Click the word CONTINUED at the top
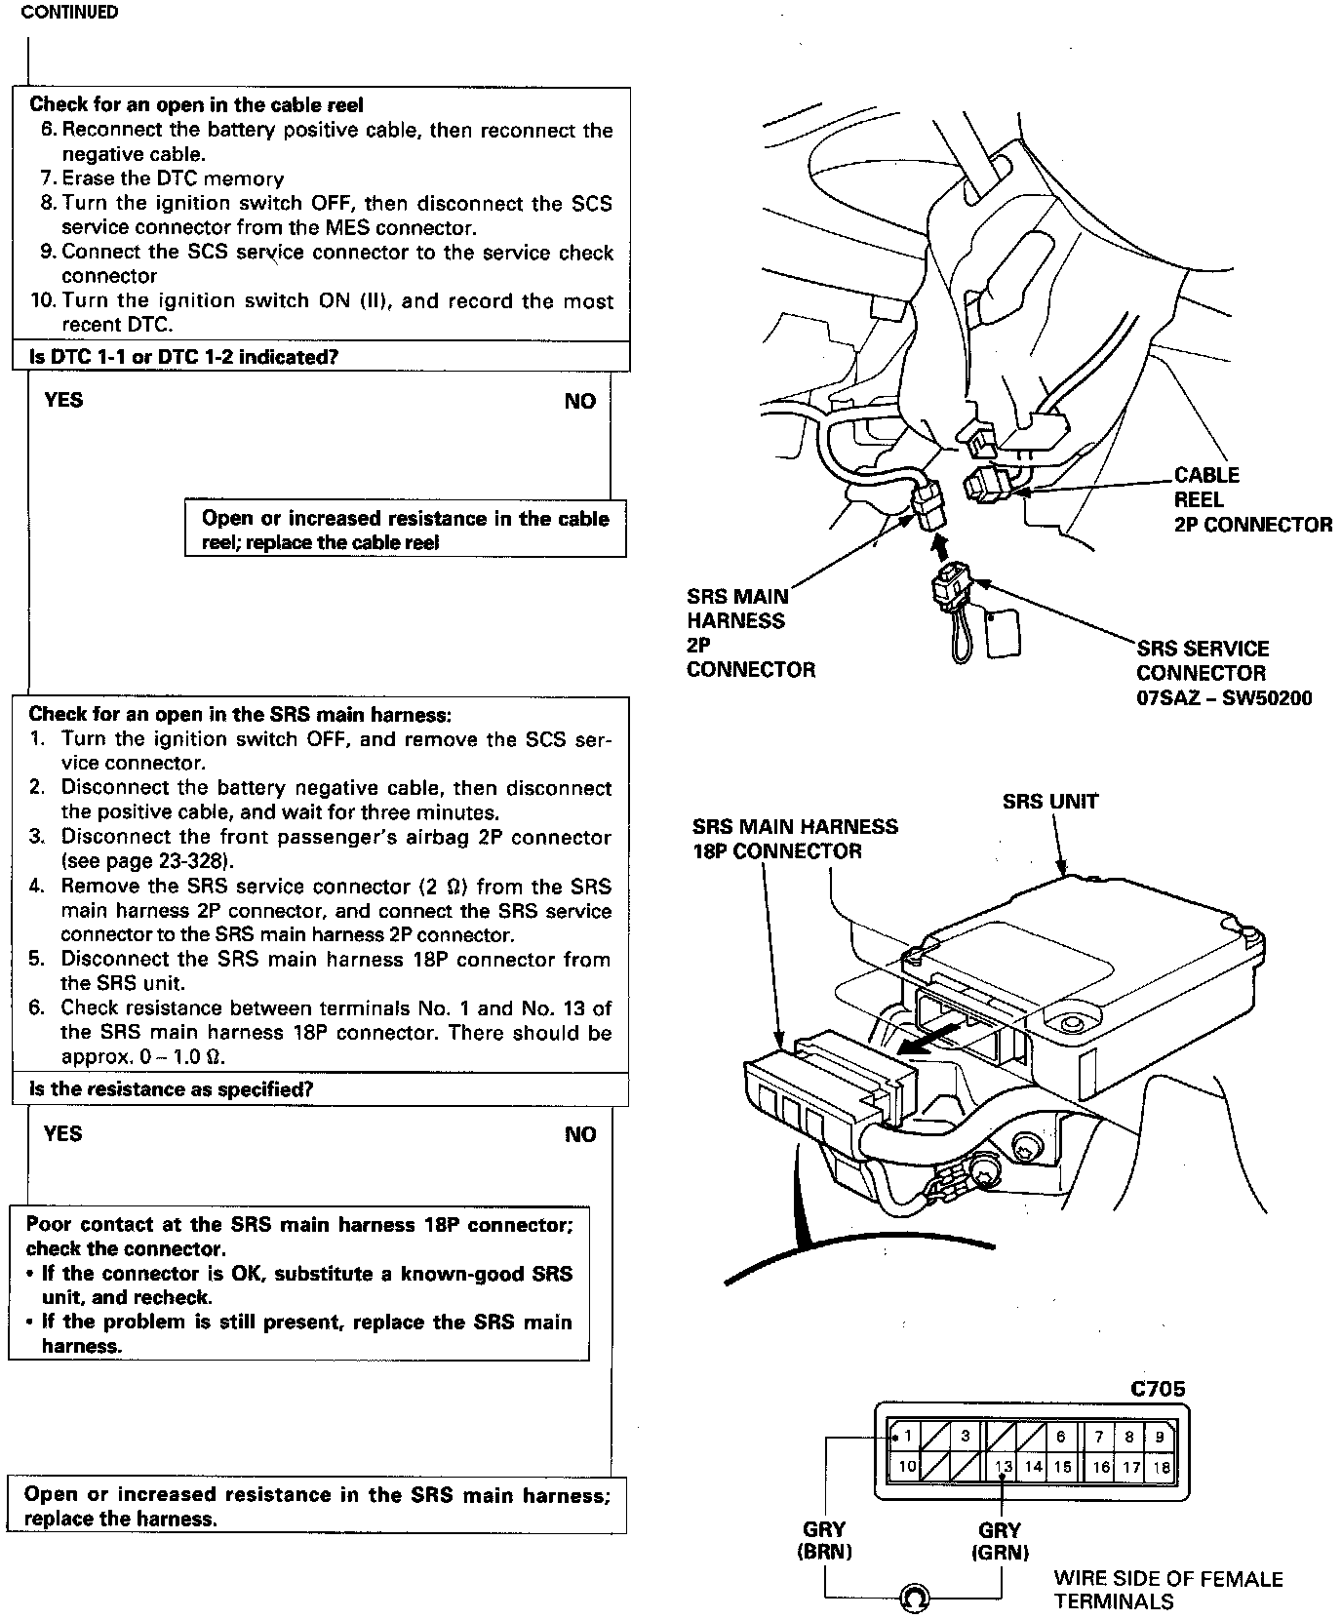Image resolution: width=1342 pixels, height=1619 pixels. point(69,13)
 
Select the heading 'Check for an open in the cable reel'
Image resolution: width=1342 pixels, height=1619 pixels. point(196,104)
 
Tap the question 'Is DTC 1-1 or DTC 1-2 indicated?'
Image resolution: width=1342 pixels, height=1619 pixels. point(183,357)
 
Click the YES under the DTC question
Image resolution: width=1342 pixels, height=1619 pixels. point(63,400)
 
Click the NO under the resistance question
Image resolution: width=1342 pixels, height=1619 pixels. point(580,1134)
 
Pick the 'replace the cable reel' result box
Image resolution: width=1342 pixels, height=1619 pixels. point(405,531)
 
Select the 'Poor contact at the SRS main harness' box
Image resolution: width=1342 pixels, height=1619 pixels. point(298,1284)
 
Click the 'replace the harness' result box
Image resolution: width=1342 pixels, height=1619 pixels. point(316,1506)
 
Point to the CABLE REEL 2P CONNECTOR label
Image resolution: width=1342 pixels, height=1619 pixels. point(1251,500)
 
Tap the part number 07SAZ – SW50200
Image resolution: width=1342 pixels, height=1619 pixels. point(1223,698)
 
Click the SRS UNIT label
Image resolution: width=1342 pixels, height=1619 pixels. point(1050,802)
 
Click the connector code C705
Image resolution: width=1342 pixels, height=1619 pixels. point(1158,1389)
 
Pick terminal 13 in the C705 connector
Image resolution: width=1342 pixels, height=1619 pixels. point(1004,1467)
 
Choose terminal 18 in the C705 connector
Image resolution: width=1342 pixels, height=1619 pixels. point(1161,1467)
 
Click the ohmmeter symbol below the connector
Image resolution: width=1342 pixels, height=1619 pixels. point(914,1598)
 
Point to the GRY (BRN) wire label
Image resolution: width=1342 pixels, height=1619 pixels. point(825,1541)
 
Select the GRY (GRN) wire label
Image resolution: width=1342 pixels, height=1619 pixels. point(1000,1541)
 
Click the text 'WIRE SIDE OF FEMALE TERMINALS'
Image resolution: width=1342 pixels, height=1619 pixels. point(1167,1590)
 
